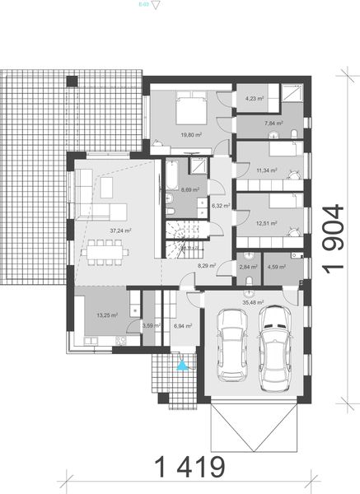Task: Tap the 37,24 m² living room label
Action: point(121,231)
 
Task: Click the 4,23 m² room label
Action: point(255,100)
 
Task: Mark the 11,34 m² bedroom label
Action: point(266,171)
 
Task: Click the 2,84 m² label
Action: point(248,267)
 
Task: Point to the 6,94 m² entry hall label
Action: point(183,326)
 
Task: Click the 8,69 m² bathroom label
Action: point(180,189)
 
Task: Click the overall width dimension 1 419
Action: point(190,467)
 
